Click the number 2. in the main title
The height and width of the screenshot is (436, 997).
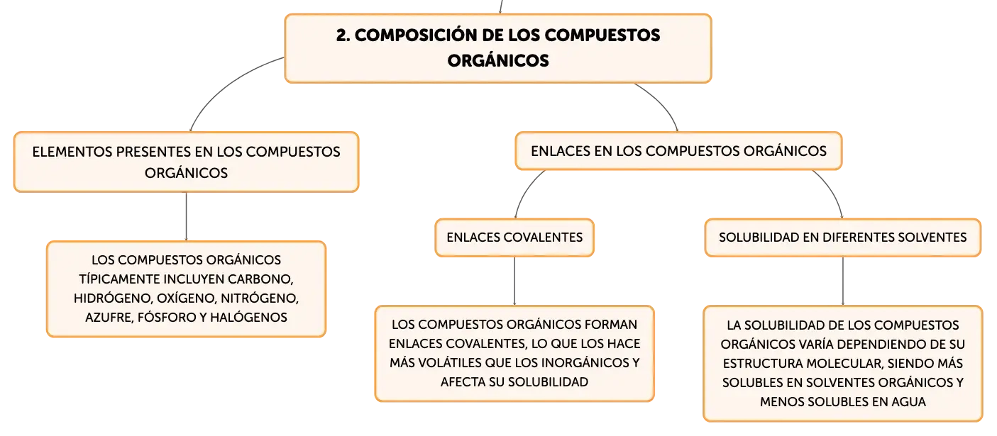click(x=343, y=35)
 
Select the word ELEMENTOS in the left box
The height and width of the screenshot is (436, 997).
click(x=72, y=152)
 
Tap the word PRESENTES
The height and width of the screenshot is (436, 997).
click(x=154, y=152)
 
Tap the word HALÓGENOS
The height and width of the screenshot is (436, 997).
click(x=248, y=317)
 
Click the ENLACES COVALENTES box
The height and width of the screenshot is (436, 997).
click(x=514, y=237)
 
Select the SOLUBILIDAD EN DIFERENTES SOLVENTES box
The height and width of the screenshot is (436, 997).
click(x=842, y=237)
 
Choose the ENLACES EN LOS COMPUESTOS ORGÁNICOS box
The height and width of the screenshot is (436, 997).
click(x=678, y=151)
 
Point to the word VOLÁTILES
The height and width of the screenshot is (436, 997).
click(x=447, y=362)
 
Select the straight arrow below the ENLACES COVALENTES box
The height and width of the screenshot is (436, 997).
click(x=514, y=281)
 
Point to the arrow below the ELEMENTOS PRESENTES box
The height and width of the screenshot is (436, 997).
click(x=186, y=217)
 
